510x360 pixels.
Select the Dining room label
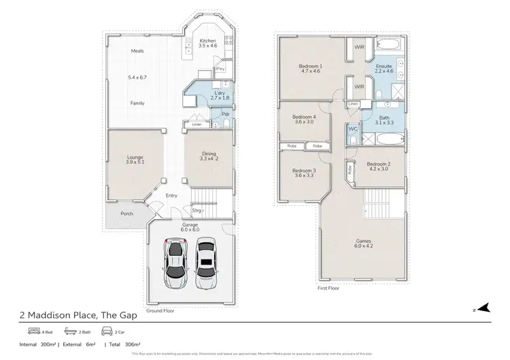click(x=209, y=156)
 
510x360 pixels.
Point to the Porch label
click(x=126, y=214)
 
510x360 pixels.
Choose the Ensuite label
click(x=384, y=67)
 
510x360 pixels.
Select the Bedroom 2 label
click(x=377, y=165)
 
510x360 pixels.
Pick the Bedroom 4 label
click(x=304, y=118)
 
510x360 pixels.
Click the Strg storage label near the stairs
click(x=196, y=210)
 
